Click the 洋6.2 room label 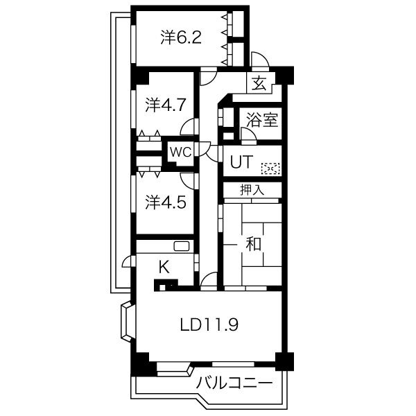(181, 37)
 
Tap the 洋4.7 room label (165, 105)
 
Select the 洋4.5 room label (165, 202)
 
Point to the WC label (181, 153)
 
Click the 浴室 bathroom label (262, 120)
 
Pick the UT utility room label (241, 162)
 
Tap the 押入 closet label (252, 190)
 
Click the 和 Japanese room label (254, 243)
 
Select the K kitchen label (164, 267)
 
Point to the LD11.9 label (209, 324)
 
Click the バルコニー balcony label (234, 383)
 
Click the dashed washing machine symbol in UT (271, 168)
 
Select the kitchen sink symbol (182, 246)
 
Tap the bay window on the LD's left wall (128, 321)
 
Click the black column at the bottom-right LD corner (284, 361)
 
